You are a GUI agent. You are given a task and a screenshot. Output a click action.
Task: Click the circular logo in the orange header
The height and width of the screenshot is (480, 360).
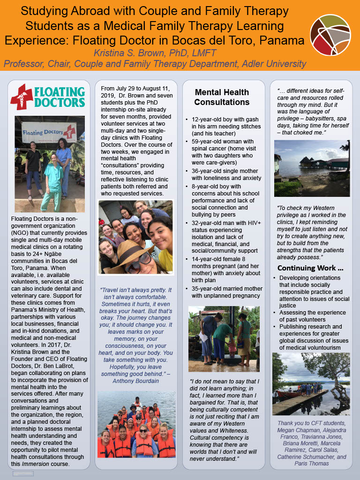click(330, 35)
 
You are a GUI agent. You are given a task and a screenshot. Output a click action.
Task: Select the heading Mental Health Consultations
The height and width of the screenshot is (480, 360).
click(222, 97)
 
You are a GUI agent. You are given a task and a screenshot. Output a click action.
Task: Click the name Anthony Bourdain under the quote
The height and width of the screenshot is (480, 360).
click(136, 381)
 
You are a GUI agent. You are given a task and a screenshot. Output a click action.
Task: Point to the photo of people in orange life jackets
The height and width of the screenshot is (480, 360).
click(136, 425)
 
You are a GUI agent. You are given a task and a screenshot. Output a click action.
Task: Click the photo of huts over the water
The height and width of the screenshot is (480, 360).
click(311, 168)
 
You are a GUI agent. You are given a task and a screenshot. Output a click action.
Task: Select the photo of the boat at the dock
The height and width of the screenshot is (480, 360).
click(311, 383)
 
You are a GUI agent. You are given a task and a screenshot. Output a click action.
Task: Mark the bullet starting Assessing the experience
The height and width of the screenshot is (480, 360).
click(313, 316)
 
